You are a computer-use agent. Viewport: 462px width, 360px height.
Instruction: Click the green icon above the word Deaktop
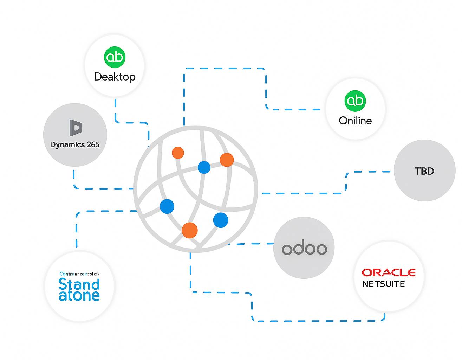click(115, 57)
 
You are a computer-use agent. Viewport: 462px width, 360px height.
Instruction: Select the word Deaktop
click(115, 77)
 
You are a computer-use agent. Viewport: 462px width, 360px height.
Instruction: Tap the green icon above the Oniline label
click(355, 101)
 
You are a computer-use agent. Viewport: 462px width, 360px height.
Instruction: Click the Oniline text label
click(355, 121)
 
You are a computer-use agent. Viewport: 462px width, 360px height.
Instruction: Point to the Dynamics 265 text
click(74, 144)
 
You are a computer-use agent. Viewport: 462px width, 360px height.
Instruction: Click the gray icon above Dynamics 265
click(76, 128)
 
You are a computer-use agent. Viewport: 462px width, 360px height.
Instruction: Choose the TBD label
click(424, 171)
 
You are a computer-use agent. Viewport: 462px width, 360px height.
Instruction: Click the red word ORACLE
click(389, 272)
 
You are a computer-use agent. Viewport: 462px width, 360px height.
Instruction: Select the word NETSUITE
click(384, 284)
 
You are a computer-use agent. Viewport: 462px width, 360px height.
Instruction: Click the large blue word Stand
click(79, 284)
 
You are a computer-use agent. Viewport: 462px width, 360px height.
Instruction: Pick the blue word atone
click(79, 296)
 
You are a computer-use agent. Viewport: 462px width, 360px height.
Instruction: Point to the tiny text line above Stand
click(79, 274)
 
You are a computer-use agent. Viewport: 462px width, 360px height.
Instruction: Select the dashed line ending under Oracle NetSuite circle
click(316, 321)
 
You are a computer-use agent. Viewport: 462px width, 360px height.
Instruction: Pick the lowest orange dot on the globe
click(190, 230)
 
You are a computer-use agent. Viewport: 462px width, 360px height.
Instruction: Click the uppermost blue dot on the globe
click(204, 167)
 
